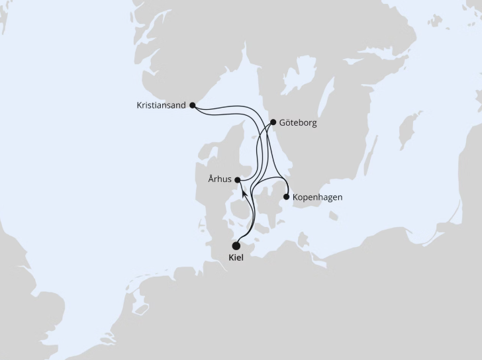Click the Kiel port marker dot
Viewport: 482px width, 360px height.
(x=236, y=246)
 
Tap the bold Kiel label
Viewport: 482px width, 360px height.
(x=236, y=258)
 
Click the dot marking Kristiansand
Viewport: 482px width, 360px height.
(x=192, y=105)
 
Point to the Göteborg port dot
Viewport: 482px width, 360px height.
(x=273, y=122)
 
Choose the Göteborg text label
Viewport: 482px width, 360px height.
(x=299, y=122)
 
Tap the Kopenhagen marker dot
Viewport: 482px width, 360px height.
(x=286, y=197)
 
